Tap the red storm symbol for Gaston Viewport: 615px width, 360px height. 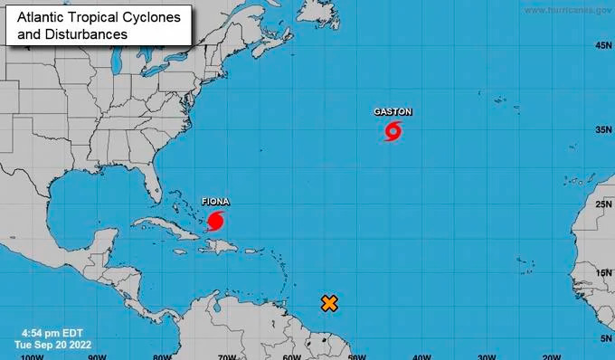pyautogui.click(x=393, y=132)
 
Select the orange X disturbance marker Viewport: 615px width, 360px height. pyautogui.click(x=330, y=304)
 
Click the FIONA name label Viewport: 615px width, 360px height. pyautogui.click(x=214, y=201)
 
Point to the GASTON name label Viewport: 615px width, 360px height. pyautogui.click(x=393, y=112)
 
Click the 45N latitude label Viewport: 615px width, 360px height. pyautogui.click(x=603, y=45)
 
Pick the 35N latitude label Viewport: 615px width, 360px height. pyautogui.click(x=603, y=130)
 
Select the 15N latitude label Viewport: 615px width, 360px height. pyautogui.click(x=603, y=272)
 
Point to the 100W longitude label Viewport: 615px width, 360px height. pyautogui.click(x=32, y=355)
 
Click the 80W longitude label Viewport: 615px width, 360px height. pyautogui.click(x=162, y=355)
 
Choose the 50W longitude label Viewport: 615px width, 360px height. pyautogui.click(x=355, y=355)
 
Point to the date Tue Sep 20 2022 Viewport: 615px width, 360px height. pyautogui.click(x=54, y=345)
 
